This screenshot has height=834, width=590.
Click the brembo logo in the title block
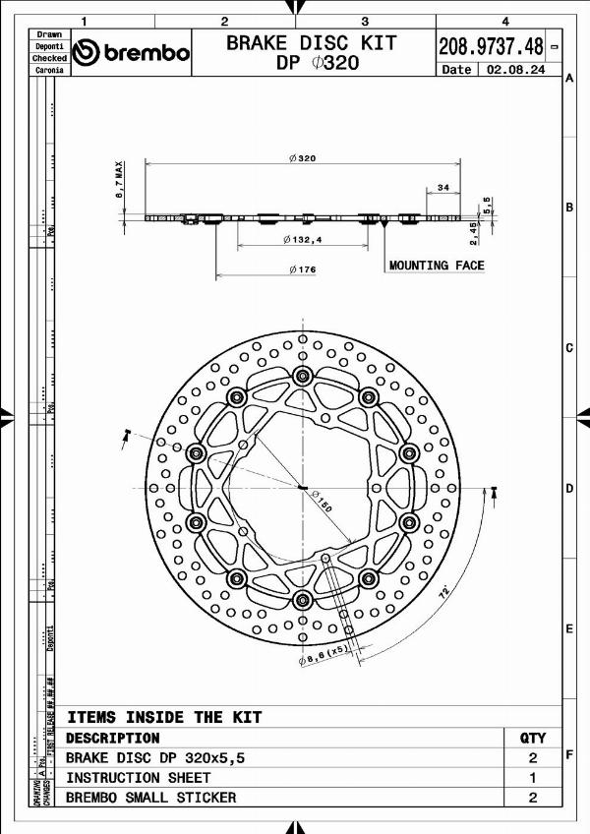pos(132,52)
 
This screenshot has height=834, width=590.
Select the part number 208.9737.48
pos(491,46)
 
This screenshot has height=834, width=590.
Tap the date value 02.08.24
pos(520,70)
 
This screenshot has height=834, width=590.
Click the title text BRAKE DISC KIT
pos(312,42)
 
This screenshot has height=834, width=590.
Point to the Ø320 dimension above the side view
pos(302,158)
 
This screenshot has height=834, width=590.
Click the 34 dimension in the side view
pos(442,187)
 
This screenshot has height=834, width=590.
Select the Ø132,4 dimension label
pos(302,239)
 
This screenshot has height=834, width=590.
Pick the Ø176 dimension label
pos(302,269)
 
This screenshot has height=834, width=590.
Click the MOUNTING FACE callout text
pos(437,266)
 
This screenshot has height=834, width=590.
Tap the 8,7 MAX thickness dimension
pos(119,181)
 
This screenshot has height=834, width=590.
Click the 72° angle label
pos(443,594)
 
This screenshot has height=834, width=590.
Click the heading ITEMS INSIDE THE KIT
pos(163,717)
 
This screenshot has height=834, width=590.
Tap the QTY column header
pos(532,738)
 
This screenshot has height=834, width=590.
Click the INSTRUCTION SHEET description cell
pos(138,777)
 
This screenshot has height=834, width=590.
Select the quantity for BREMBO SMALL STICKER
pos(532,798)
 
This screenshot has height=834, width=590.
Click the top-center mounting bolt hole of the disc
pos(302,375)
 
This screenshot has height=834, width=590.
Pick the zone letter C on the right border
pos(569,348)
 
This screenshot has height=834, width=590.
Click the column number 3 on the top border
pos(365,21)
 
